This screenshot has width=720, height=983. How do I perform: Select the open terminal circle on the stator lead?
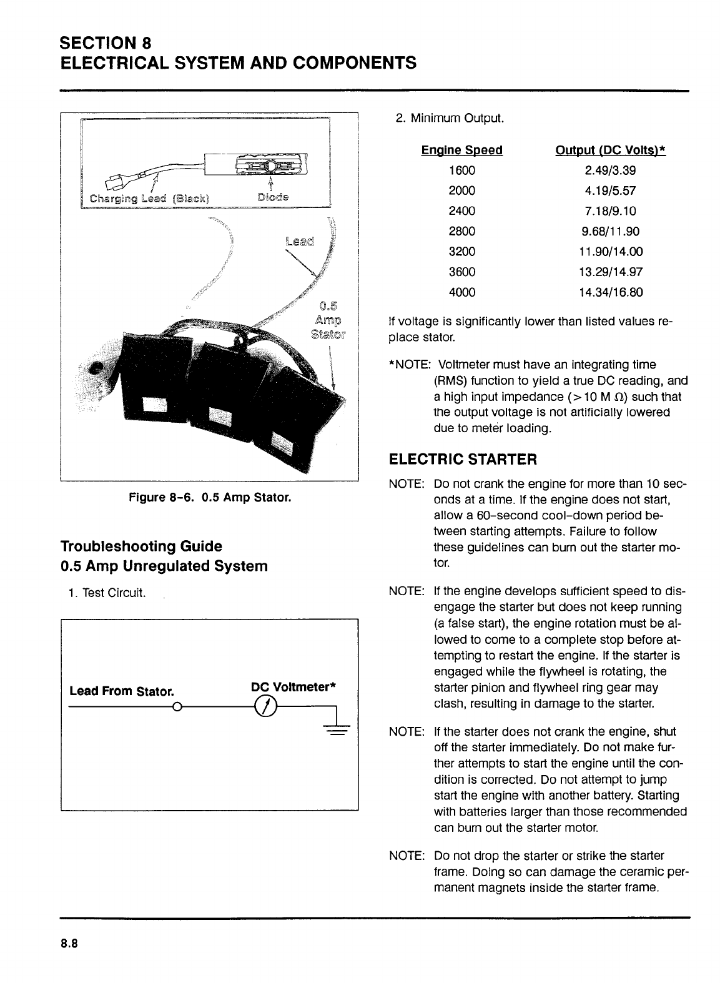point(177,707)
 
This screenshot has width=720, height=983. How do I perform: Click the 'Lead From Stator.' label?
point(121,691)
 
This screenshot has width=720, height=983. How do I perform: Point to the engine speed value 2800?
point(462,232)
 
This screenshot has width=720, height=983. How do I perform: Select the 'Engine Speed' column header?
point(461,151)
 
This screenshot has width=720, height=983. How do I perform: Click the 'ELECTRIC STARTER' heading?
point(462,460)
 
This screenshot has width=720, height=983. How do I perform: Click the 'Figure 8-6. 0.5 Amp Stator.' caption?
point(209,498)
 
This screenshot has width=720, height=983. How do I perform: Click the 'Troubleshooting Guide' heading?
point(141,546)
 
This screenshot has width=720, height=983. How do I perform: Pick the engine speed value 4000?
point(462,292)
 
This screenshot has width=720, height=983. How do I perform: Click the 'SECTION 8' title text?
point(106,42)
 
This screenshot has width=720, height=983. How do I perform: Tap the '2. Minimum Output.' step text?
point(450,118)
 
